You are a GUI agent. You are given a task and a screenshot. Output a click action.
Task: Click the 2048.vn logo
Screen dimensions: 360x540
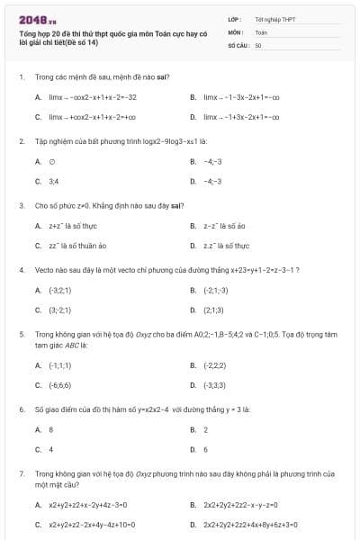[x=38, y=18]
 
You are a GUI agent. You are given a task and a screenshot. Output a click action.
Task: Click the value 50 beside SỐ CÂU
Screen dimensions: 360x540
[x=258, y=44]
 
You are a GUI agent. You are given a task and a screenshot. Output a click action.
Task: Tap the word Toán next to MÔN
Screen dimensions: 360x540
[x=261, y=31]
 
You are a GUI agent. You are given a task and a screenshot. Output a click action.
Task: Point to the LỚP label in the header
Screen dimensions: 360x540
[x=235, y=19]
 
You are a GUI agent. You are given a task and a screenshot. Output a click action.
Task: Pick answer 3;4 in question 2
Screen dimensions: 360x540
[x=53, y=181]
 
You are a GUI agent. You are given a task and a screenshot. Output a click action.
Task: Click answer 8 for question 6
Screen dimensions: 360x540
[x=51, y=429]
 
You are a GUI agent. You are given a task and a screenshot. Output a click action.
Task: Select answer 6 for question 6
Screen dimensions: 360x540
[x=206, y=448]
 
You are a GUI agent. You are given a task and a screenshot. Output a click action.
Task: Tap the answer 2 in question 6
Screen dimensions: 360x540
[x=206, y=429]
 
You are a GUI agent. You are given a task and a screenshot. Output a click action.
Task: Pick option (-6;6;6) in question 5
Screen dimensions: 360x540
[x=59, y=384]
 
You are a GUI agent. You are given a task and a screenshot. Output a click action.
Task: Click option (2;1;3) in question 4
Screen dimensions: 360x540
[x=213, y=310]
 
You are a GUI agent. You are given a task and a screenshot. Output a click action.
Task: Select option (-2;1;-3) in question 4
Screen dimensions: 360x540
[x=216, y=291]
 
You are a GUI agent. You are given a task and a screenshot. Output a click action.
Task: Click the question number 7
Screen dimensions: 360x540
[x=21, y=472]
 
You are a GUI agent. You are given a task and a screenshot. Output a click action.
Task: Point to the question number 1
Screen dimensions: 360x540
[x=21, y=77]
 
